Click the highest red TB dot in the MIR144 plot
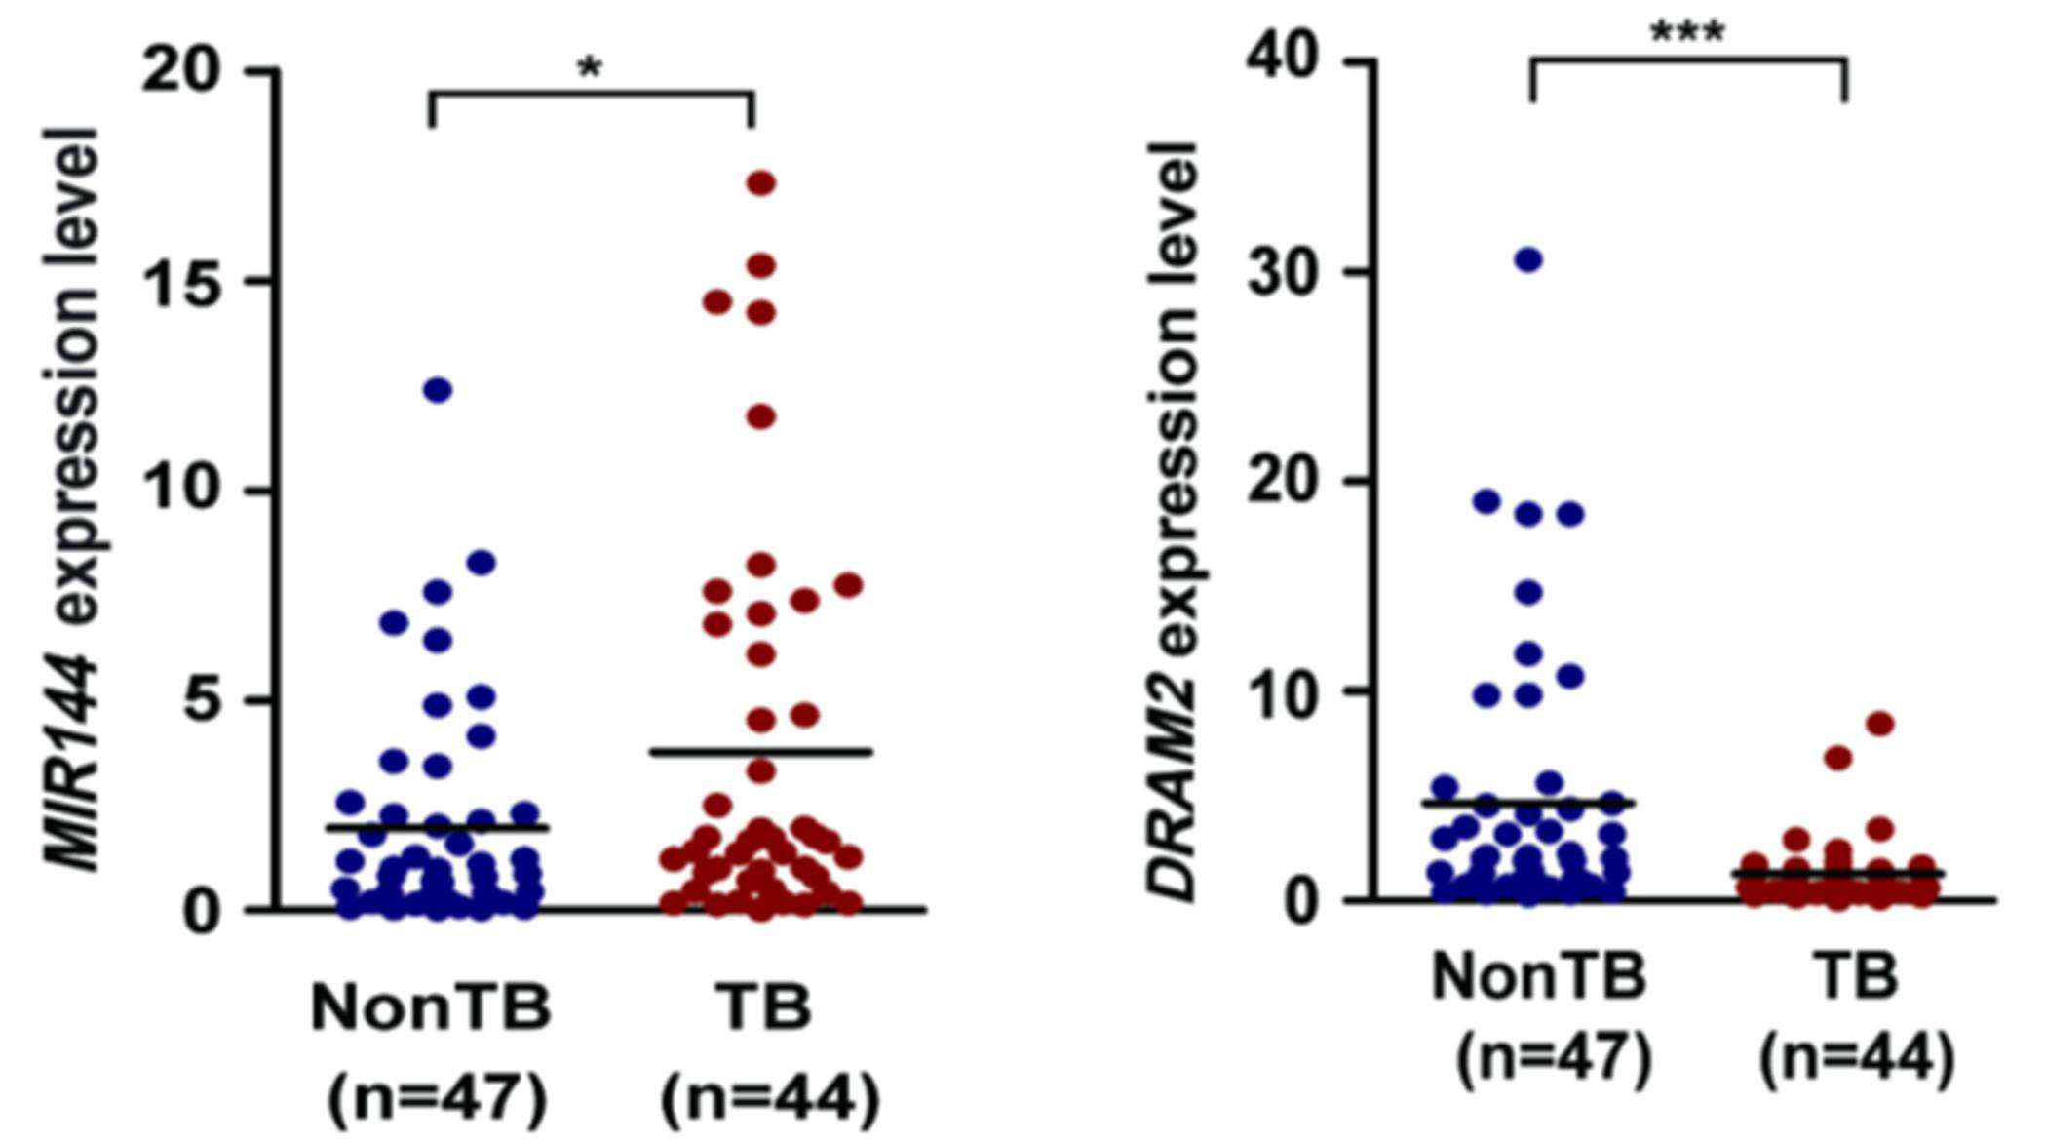tap(760, 182)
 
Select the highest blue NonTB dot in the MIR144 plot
tap(438, 390)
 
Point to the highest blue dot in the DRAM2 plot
tap(1528, 259)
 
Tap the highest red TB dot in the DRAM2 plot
tap(1880, 724)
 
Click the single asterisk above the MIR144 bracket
tap(591, 69)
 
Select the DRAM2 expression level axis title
tap(1173, 522)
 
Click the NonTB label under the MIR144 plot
tap(431, 1006)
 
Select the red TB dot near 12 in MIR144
tap(760, 417)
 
